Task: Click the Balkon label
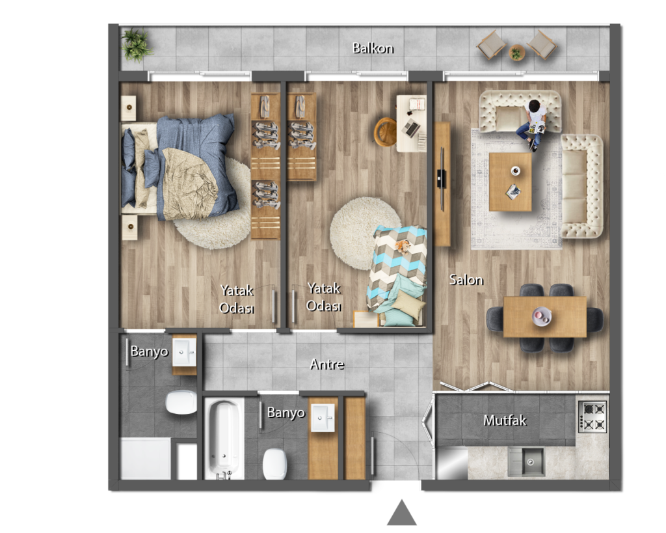[373, 48]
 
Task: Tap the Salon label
[466, 280]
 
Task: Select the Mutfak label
[505, 420]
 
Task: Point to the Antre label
[326, 364]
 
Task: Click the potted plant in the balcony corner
[135, 45]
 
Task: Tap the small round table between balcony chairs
[516, 52]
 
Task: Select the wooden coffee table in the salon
[510, 182]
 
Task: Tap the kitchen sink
[527, 461]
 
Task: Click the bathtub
[224, 439]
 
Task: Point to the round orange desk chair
[385, 131]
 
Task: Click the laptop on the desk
[411, 127]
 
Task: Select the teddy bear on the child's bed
[402, 246]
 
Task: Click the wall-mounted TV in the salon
[442, 179]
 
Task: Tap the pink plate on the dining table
[542, 316]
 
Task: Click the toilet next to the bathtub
[274, 464]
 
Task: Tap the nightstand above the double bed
[129, 108]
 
